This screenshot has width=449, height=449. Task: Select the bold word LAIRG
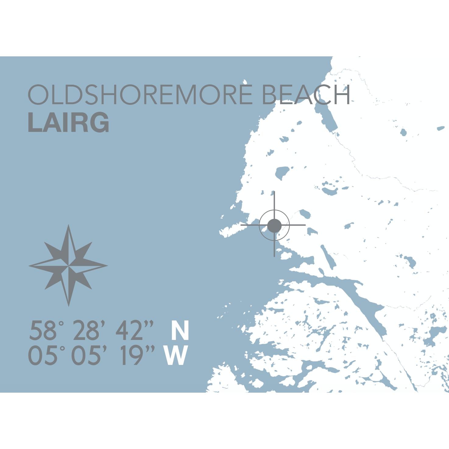point(69,122)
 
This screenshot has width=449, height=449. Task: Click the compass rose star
point(69,265)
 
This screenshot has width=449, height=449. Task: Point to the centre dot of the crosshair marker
point(274,226)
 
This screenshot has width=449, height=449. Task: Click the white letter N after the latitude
point(180,331)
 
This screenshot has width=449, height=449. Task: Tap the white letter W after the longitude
point(176,355)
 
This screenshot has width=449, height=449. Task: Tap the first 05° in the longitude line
point(46,355)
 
